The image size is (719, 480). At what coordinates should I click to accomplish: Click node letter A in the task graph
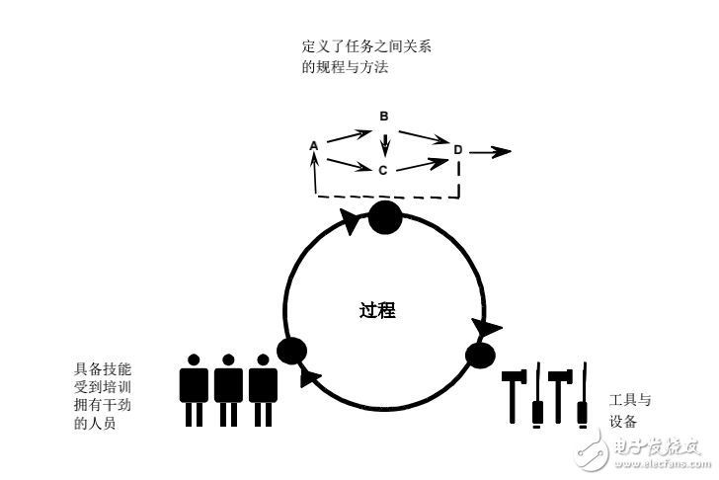314,146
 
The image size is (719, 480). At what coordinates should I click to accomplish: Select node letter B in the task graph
384,117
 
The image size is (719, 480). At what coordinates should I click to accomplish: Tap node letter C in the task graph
382,170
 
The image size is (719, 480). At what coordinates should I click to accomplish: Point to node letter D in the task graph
457,150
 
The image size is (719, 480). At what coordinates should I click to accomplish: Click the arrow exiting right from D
491,151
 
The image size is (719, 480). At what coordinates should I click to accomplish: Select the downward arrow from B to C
386,143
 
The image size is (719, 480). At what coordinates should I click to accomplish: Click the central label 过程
377,310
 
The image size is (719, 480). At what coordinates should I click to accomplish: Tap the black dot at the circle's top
385,217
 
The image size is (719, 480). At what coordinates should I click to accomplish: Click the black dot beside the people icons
292,350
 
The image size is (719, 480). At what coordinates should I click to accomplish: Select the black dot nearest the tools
480,355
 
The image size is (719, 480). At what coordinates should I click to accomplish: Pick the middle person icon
228,389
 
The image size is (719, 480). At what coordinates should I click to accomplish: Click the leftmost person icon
194,389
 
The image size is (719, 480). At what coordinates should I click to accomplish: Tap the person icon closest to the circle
263,389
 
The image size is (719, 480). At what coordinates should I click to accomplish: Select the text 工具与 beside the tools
630,400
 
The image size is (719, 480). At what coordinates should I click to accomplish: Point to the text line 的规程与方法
345,66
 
